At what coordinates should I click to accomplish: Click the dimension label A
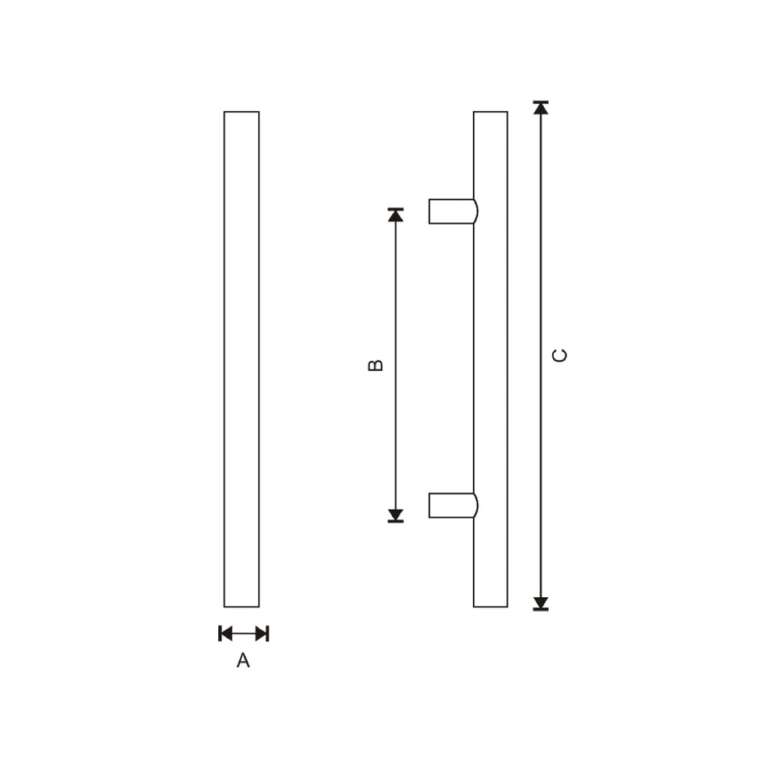click(243, 661)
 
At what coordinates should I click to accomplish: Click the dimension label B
click(376, 365)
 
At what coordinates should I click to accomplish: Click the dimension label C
click(560, 355)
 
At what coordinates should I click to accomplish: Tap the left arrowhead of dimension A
click(225, 633)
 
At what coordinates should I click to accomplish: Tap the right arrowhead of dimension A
click(261, 633)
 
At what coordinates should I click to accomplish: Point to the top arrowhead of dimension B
click(395, 215)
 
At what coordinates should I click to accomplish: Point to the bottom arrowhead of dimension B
click(395, 515)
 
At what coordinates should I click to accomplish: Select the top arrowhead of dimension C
click(541, 108)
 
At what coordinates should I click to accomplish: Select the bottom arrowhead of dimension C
click(541, 603)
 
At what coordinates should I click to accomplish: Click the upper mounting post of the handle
click(451, 212)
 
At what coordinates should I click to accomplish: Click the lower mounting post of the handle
click(451, 506)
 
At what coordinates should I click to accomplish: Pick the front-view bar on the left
click(242, 359)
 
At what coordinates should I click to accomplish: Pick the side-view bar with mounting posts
click(490, 359)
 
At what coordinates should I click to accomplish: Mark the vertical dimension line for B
click(395, 365)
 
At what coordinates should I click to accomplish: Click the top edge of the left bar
click(242, 112)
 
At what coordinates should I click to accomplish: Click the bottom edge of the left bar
click(242, 607)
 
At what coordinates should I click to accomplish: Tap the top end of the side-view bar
click(490, 113)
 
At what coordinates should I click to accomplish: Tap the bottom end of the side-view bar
click(490, 606)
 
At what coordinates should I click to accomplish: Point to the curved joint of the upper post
click(476, 212)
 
